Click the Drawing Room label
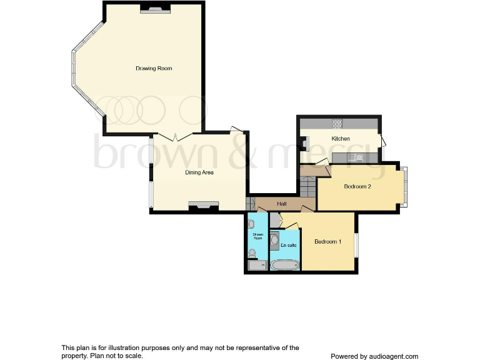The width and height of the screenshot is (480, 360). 154,68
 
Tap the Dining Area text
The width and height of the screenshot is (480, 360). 199,172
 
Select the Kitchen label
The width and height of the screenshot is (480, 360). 341,138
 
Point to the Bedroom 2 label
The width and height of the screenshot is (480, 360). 357,186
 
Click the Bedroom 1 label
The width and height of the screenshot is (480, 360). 327,242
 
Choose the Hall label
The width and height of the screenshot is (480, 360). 282,204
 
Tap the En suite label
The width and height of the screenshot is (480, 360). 288,245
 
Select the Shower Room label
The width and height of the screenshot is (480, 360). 257,236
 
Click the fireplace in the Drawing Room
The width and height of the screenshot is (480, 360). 155,9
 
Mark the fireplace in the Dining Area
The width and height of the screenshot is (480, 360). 204,206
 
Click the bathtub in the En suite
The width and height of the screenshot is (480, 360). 286,265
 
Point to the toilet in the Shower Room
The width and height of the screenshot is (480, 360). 252,253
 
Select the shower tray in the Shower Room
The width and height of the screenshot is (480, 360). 257,266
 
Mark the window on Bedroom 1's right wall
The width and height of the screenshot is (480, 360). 356,244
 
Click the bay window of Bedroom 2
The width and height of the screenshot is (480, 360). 404,186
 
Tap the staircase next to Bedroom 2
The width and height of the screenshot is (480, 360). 308,186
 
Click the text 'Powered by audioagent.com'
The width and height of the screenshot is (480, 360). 374,356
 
